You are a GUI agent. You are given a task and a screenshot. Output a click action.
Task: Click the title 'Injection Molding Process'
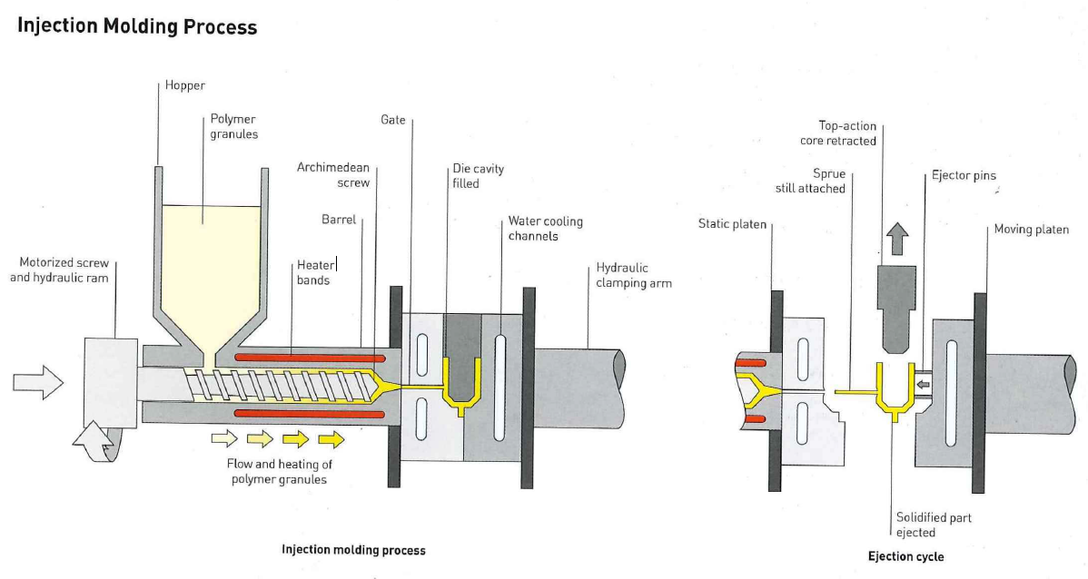[x=137, y=26]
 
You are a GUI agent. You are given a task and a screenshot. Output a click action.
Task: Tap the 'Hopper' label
[x=185, y=85]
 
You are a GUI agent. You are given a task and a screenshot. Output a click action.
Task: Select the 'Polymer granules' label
[x=234, y=126]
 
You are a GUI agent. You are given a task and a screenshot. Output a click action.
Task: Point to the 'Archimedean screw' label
[x=333, y=175]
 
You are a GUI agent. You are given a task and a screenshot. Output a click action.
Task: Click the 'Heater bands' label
[x=314, y=273]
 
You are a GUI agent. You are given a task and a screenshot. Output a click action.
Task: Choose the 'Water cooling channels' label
[x=545, y=229]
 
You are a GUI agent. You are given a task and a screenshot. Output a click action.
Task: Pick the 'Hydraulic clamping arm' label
[x=634, y=276]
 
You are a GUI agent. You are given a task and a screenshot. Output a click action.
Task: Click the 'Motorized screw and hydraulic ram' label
[x=59, y=270]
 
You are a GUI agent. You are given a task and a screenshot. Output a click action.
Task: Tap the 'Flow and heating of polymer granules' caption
[x=278, y=472]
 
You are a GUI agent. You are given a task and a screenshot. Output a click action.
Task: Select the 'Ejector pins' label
[x=964, y=175]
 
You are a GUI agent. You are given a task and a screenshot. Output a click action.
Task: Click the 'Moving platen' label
[x=1031, y=230]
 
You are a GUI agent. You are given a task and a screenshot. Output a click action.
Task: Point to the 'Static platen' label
[x=732, y=223]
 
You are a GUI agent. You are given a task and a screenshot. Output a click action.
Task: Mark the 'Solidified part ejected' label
[x=934, y=525]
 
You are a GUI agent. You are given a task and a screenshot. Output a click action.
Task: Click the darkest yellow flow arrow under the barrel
[x=331, y=440]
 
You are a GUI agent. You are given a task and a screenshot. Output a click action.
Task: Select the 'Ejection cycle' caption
[x=905, y=556]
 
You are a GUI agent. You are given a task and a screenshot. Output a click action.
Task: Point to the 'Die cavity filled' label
[x=478, y=176]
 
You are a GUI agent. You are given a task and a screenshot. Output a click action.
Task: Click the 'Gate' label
[x=393, y=120]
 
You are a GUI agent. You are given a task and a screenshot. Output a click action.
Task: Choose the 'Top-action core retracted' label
[x=838, y=133]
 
